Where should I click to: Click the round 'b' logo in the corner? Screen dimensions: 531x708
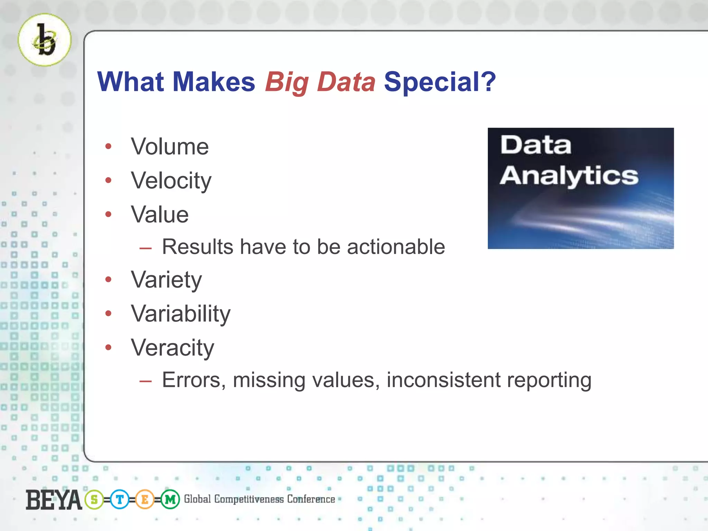[x=45, y=40]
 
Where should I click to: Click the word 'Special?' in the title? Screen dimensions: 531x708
[x=440, y=82]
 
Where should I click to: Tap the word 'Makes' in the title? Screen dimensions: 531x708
[x=214, y=82]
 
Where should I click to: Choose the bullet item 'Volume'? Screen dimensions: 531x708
[x=170, y=147]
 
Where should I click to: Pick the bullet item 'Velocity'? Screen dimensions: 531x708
[x=171, y=181]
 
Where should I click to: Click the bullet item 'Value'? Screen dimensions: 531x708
[x=160, y=215]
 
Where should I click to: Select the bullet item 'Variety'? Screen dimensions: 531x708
[x=166, y=280]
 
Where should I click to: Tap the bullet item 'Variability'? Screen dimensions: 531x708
[x=180, y=314]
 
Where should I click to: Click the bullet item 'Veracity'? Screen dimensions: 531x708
[x=173, y=348]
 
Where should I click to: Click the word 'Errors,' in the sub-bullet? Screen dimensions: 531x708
[x=194, y=380]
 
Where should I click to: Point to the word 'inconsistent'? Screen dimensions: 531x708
[x=444, y=380]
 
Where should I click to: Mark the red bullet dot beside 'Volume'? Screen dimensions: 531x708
[x=109, y=147]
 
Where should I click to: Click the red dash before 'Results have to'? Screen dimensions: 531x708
[x=146, y=248]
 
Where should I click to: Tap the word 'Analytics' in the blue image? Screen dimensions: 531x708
[x=569, y=176]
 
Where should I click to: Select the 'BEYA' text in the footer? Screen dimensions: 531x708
[x=54, y=500]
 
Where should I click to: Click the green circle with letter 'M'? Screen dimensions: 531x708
[x=170, y=500]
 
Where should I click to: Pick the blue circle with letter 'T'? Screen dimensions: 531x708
[x=120, y=500]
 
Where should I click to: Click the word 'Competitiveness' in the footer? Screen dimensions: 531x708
[x=249, y=499]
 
